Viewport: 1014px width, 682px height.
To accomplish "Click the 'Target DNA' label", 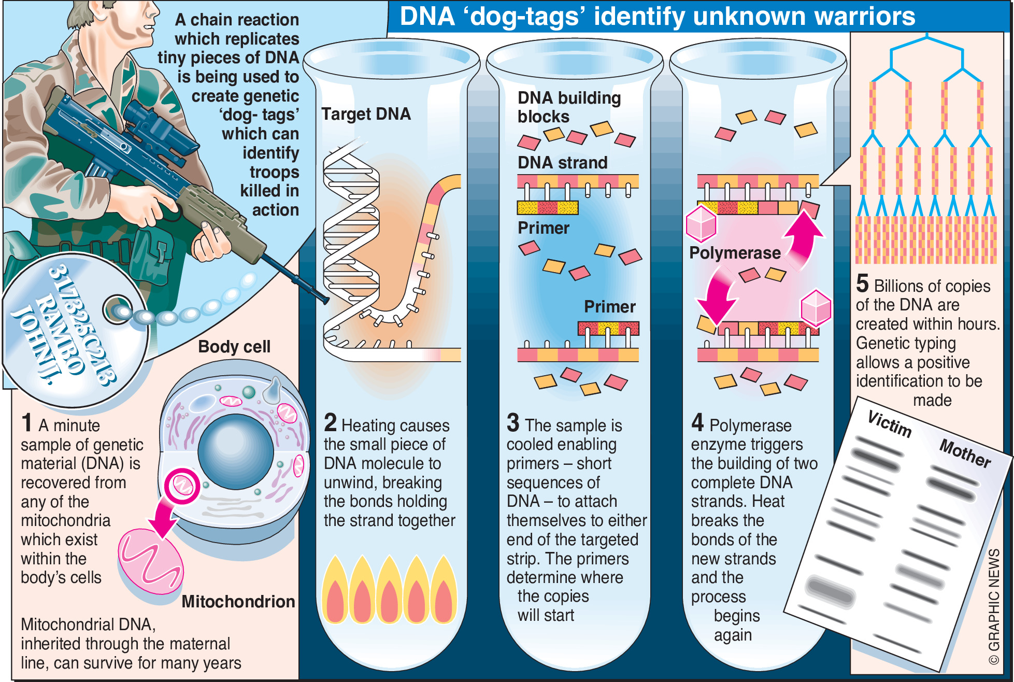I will pyautogui.click(x=366, y=114).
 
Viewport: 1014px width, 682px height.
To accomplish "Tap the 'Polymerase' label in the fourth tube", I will pyautogui.click(x=735, y=253).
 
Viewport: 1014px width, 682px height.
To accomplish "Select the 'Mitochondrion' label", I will pyautogui.click(x=238, y=602).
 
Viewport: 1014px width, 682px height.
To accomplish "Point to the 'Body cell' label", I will pyautogui.click(x=234, y=347).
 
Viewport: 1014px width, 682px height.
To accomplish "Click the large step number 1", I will pyautogui.click(x=27, y=423).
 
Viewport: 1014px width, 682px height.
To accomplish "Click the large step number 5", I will pyautogui.click(x=862, y=283).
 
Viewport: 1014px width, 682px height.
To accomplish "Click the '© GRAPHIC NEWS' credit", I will pyautogui.click(x=994, y=606).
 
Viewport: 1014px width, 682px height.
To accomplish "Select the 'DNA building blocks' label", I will pyautogui.click(x=568, y=107).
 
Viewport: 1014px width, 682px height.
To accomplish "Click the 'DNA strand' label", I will pyautogui.click(x=562, y=163).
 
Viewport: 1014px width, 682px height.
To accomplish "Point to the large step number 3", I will pyautogui.click(x=513, y=423).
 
